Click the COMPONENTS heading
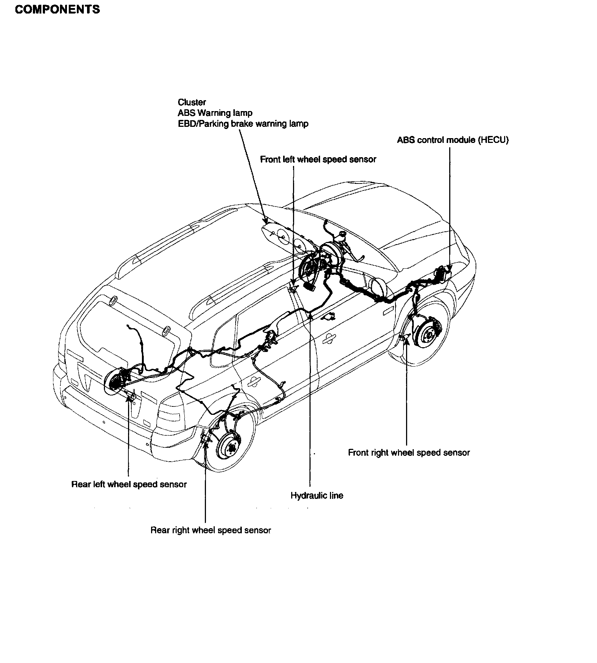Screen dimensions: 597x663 tap(57, 10)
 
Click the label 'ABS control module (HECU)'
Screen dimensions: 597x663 tap(453, 140)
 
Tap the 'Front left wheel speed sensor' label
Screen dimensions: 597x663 tap(318, 159)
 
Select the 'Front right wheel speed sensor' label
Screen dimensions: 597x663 tap(409, 452)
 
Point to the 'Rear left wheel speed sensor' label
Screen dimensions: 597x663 tap(129, 484)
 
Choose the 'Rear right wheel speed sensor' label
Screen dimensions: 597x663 tap(211, 530)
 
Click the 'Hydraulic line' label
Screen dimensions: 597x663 tap(317, 496)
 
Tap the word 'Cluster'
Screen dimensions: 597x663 tap(192, 102)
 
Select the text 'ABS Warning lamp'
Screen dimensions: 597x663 tap(215, 113)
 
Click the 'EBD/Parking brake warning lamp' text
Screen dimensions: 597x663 tap(243, 124)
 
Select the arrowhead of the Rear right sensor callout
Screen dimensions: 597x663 tap(206, 443)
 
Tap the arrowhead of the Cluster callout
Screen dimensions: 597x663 tap(266, 221)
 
